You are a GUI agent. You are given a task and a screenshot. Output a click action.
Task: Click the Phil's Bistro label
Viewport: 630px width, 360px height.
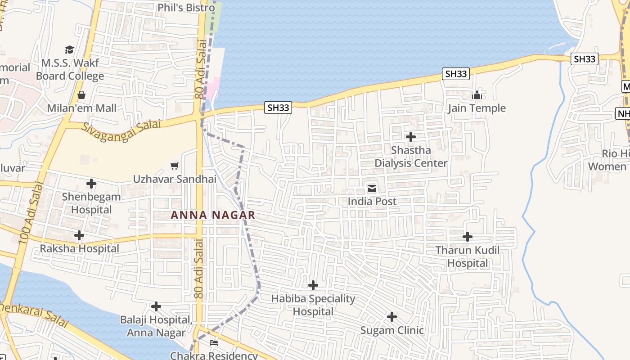(x=186, y=8)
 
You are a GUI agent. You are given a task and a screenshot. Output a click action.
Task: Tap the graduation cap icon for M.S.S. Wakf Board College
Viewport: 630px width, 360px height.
(x=69, y=49)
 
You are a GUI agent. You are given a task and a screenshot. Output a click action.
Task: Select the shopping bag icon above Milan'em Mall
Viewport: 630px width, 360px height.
(x=81, y=95)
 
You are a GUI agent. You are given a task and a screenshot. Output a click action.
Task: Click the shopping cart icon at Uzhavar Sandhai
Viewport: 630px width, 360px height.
(x=175, y=166)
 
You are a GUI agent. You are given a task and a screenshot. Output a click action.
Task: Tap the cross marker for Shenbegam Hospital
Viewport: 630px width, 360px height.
(x=91, y=184)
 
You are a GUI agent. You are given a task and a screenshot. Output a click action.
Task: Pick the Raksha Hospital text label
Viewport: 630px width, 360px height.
(x=80, y=248)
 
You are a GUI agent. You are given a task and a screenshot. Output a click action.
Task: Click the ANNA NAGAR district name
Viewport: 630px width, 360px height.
(x=213, y=215)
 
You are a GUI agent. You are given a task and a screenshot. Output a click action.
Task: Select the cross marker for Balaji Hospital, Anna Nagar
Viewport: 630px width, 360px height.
(x=156, y=306)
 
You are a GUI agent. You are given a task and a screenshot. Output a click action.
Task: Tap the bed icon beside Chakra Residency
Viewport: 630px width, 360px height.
(x=214, y=343)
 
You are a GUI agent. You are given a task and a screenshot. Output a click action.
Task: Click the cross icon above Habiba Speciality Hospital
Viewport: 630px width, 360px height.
(x=313, y=285)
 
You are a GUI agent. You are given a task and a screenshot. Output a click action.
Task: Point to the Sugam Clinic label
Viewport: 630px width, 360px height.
(x=392, y=330)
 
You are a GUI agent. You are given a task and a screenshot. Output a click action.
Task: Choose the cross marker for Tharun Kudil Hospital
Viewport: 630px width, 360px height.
(x=468, y=237)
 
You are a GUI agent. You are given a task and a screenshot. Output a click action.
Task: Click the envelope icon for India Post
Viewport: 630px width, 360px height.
(x=372, y=188)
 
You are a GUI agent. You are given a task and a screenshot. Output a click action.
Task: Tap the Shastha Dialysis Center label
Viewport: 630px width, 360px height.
(x=411, y=157)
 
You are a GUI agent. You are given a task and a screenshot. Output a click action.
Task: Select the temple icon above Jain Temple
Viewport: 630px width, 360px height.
(x=477, y=95)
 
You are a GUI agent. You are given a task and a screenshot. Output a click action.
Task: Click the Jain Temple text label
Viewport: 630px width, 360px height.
(x=477, y=108)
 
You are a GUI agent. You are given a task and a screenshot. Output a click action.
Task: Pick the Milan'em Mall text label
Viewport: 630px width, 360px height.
(x=82, y=108)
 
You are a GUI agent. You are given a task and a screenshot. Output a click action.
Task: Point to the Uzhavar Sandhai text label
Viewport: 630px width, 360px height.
(x=175, y=179)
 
